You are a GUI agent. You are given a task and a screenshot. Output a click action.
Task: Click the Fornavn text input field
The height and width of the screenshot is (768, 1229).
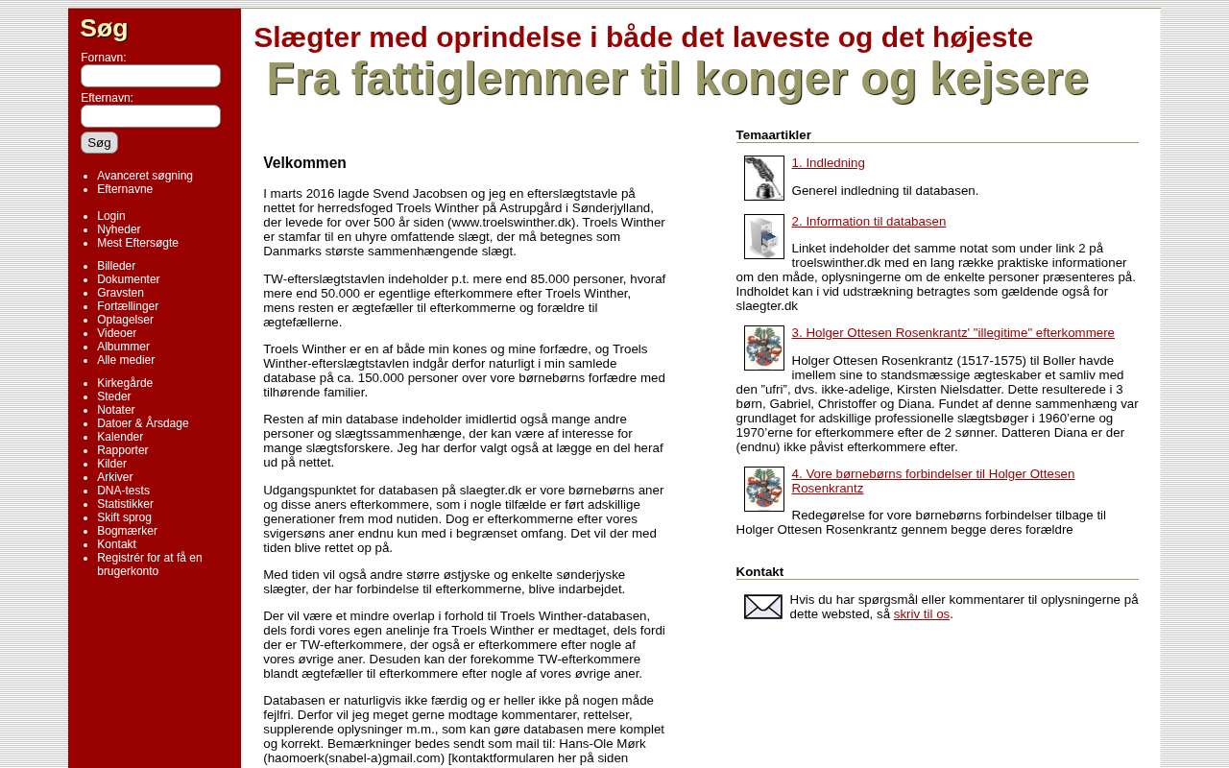[x=151, y=76]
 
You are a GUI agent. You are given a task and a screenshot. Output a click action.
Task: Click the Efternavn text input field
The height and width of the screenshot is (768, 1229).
[x=151, y=116]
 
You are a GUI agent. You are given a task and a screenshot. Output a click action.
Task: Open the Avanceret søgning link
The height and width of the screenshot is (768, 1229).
[x=145, y=176]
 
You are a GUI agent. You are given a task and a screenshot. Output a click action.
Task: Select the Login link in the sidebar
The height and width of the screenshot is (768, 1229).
[x=111, y=216]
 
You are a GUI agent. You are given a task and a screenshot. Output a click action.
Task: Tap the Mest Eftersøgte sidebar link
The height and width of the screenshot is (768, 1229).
[x=137, y=243]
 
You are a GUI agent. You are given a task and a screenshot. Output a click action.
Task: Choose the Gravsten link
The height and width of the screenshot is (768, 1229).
[x=120, y=293]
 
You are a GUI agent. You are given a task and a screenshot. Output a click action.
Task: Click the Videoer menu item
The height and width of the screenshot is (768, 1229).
[x=116, y=333]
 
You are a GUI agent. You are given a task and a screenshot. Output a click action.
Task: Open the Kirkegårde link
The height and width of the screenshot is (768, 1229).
[x=125, y=383]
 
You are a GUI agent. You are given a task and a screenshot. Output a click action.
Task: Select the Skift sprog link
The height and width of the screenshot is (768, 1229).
[x=124, y=517]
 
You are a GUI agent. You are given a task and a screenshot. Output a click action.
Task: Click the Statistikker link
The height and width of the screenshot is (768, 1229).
[x=125, y=504]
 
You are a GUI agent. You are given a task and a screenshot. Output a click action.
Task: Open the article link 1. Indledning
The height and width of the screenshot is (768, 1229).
[x=828, y=163]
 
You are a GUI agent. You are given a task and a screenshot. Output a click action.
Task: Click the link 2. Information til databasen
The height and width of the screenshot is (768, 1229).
[x=868, y=222]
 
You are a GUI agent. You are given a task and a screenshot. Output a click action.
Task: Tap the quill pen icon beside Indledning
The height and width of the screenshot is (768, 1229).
[x=763, y=178]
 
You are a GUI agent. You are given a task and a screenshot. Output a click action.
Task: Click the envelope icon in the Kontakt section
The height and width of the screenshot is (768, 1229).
[x=763, y=607]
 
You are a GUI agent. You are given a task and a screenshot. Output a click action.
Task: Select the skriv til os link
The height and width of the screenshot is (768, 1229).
[x=921, y=614]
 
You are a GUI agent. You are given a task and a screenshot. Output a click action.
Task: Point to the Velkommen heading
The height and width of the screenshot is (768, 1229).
[x=304, y=163]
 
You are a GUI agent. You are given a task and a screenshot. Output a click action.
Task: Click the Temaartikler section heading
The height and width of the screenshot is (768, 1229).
[x=773, y=135]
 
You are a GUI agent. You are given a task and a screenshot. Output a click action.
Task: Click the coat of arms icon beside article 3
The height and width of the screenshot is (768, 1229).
[x=763, y=348]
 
